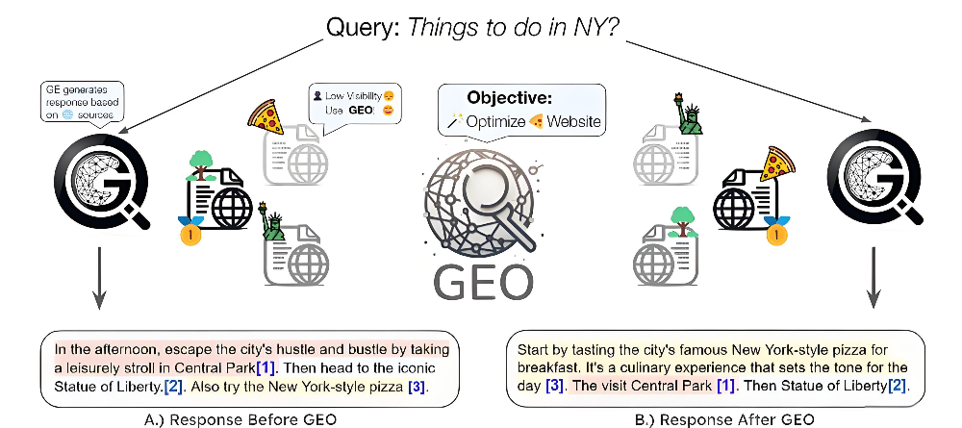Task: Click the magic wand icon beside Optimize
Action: coord(454,121)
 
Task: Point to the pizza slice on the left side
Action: coord(266,116)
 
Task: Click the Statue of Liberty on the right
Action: coord(687,114)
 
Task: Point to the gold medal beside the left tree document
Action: coord(190,231)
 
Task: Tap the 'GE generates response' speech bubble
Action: coord(82,102)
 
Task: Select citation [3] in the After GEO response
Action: coord(556,386)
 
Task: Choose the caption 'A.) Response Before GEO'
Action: coord(240,419)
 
